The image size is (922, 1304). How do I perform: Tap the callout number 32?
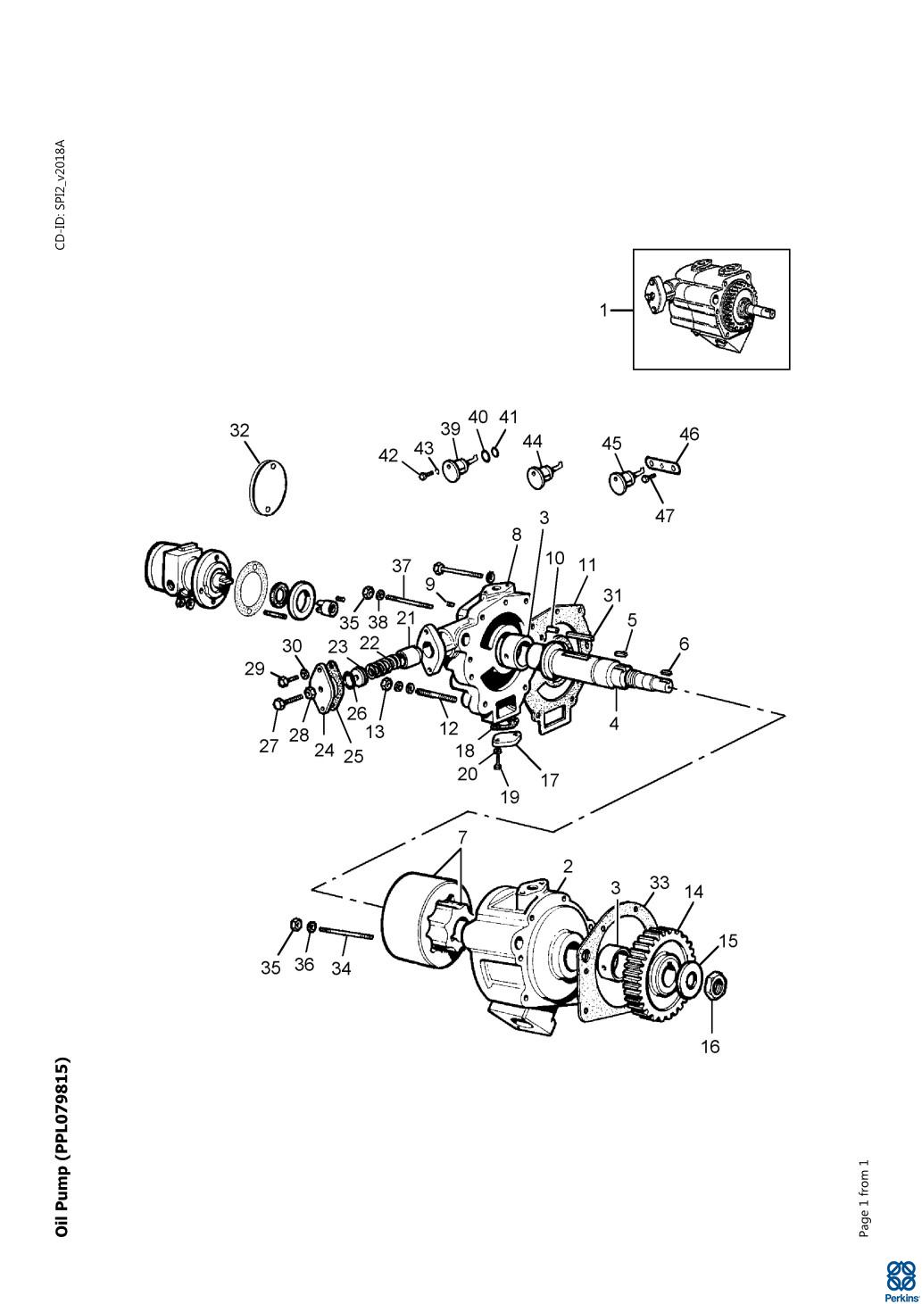tap(239, 430)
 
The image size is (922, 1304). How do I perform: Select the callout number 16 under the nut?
tap(709, 1046)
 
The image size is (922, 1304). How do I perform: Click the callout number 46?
tap(689, 435)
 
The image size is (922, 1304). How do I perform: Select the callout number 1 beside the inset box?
tap(603, 311)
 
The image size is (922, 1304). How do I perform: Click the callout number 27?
tap(269, 746)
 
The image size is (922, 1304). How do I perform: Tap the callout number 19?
tap(510, 796)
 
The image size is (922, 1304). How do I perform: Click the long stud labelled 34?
tap(345, 934)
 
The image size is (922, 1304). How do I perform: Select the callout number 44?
tap(533, 442)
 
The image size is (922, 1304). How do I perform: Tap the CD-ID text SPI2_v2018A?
tap(61, 195)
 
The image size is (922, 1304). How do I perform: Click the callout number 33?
tap(659, 883)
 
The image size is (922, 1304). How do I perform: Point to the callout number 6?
tap(684, 644)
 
